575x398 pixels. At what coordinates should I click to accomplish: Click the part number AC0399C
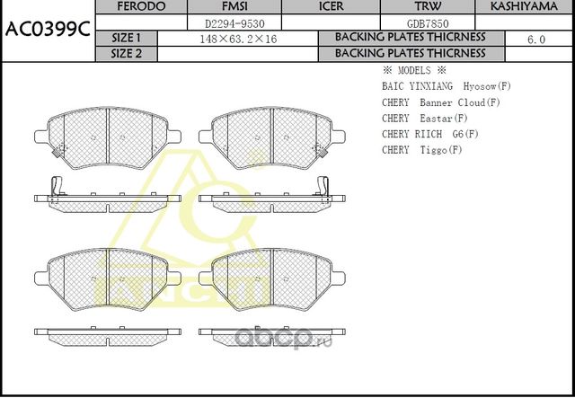[x=48, y=30]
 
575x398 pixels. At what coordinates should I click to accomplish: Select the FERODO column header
[x=141, y=6]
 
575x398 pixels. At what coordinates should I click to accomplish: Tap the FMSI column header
[x=234, y=6]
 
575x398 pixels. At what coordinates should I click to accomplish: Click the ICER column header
[x=332, y=6]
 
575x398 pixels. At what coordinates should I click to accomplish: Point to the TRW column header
[x=428, y=6]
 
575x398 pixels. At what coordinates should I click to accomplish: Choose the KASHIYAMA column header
[x=524, y=6]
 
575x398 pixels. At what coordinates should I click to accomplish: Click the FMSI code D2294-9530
[x=234, y=24]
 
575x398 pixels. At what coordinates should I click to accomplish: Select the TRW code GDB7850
[x=428, y=24]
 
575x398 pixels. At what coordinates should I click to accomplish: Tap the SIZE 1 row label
[x=126, y=38]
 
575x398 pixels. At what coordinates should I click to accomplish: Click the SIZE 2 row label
[x=126, y=54]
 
